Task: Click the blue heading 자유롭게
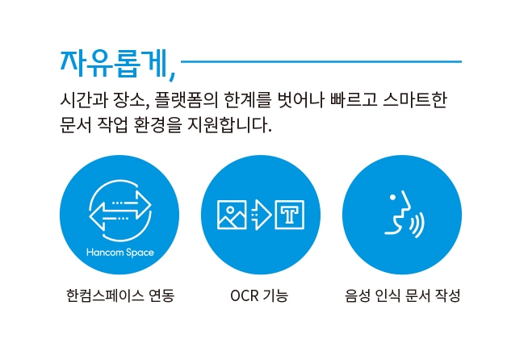point(115,64)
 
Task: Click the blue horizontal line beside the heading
point(321,61)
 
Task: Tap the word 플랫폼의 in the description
point(186,100)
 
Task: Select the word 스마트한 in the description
point(415,100)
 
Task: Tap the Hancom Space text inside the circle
point(120,252)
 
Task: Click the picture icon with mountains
point(232,215)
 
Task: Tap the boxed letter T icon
point(290,215)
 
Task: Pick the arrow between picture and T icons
point(262,215)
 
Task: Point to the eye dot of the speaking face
point(392,197)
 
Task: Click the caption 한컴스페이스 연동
point(120,295)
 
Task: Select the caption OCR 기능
point(259,295)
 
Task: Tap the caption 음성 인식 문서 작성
point(402,295)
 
